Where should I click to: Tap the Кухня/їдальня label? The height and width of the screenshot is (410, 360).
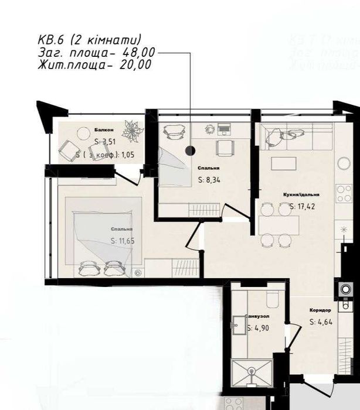coord(298,194)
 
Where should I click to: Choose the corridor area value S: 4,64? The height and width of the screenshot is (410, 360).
coord(321,321)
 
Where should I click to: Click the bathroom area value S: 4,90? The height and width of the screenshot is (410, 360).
coord(257,329)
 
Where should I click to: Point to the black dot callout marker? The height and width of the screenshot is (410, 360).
coord(190,150)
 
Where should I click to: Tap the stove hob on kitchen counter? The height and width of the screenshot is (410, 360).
coord(344,191)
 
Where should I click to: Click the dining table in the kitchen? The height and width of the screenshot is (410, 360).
coord(279,223)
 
